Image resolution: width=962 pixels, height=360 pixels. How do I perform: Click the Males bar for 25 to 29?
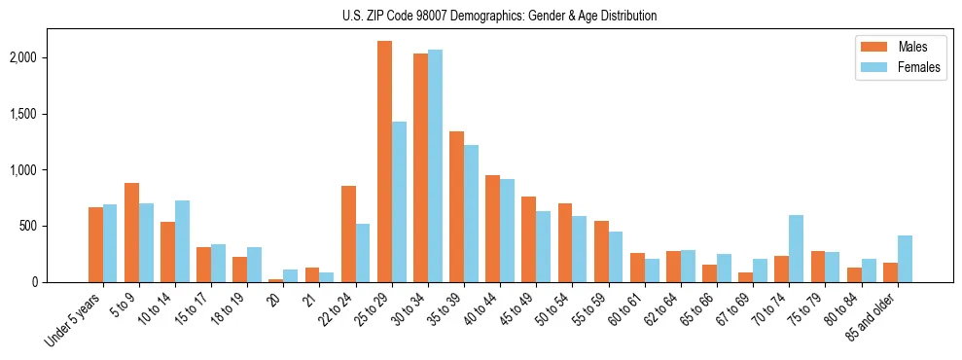click(x=384, y=162)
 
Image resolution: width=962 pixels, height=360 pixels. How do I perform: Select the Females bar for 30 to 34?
click(x=435, y=166)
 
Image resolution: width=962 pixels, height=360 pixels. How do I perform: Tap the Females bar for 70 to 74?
click(x=797, y=249)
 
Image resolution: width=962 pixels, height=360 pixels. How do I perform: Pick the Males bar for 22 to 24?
click(x=348, y=234)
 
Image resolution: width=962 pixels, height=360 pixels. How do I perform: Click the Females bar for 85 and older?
click(x=905, y=259)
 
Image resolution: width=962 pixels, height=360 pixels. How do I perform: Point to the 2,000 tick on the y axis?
click(x=48, y=57)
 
